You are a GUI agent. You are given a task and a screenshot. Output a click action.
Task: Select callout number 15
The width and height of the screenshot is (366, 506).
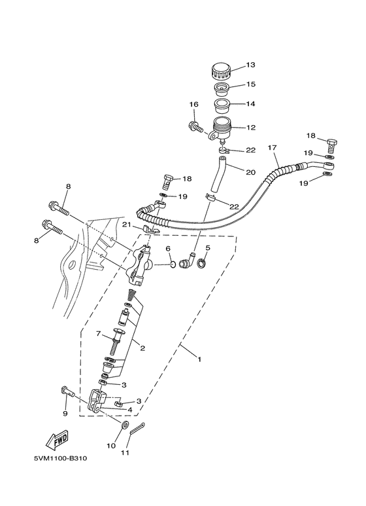coord(250,84)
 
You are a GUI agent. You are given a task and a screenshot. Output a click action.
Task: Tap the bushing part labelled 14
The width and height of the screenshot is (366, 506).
coord(222,105)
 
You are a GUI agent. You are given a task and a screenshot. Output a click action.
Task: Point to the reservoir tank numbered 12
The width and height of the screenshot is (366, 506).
coord(219,130)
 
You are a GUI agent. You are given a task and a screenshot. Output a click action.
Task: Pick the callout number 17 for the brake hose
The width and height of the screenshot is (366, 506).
coord(273,148)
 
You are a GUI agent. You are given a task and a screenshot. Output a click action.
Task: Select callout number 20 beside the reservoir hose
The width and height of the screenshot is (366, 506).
coord(251,172)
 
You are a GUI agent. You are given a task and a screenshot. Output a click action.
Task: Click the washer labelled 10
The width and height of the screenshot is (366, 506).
coord(125,425)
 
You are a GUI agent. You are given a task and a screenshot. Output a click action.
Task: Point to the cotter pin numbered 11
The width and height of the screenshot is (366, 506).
coord(138,428)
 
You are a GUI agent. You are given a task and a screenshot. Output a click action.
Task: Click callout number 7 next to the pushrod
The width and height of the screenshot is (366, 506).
coord(99,333)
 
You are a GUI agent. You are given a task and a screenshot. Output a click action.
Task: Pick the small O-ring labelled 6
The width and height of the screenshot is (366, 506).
coord(173,265)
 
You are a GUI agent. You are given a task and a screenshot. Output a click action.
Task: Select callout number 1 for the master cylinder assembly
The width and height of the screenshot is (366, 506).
coord(199,359)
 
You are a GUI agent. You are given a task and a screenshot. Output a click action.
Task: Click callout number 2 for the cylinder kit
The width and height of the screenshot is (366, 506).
coord(142,348)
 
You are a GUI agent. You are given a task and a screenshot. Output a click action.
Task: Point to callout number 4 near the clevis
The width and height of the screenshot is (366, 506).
coord(130,410)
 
